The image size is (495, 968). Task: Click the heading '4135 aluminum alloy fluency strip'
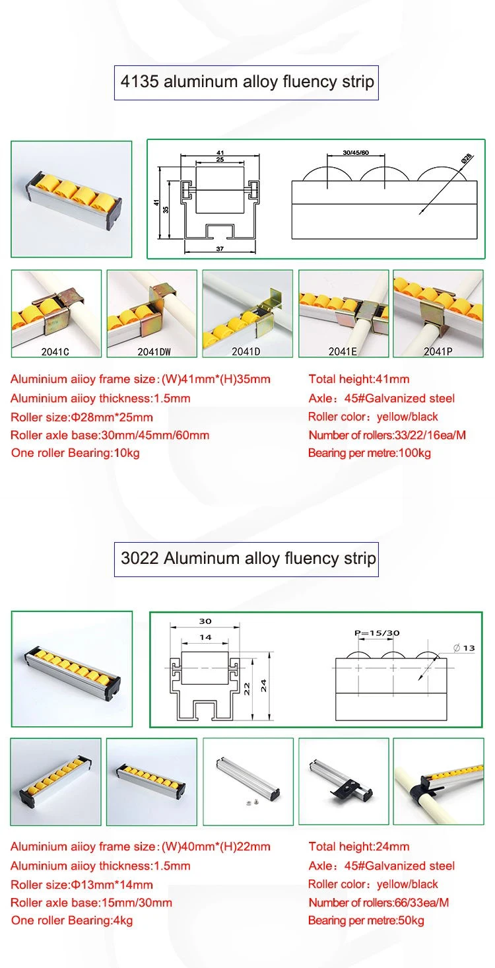pos(247,82)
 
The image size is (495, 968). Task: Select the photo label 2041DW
pos(152,352)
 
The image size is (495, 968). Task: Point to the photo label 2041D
pos(247,352)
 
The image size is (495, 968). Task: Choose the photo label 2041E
pos(343,352)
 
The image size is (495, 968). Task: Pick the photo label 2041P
pos(438,352)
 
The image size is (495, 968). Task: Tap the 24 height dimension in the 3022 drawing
pos(264,687)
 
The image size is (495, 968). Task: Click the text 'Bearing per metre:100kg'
pos(370,453)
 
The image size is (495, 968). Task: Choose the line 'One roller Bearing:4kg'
pos(72,920)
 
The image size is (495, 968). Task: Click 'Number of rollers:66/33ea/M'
pos(378,902)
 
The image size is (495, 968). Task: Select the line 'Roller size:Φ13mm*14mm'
pos(82,884)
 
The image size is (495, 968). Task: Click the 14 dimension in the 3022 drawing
pos(205,637)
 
